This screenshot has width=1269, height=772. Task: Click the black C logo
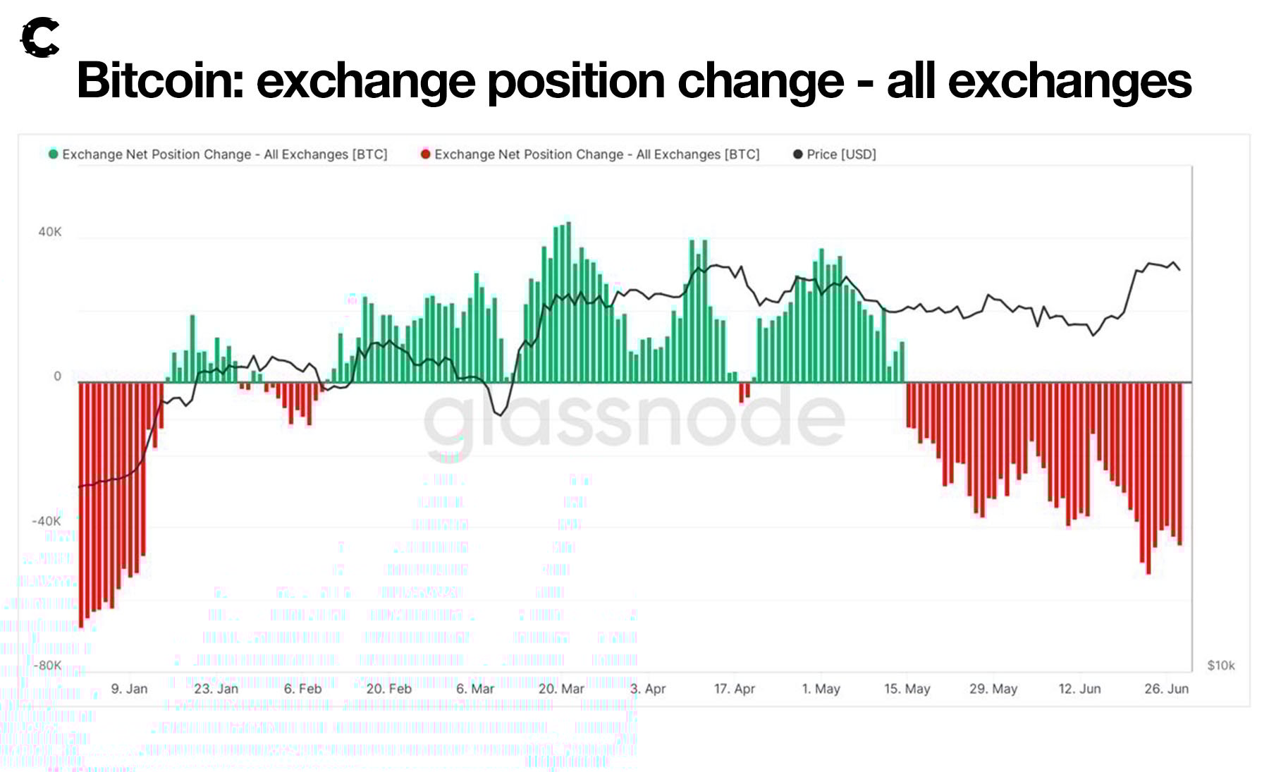click(39, 37)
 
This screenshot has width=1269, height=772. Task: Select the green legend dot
click(53, 154)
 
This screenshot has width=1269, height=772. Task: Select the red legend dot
click(425, 154)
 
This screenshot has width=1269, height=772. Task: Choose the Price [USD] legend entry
click(835, 154)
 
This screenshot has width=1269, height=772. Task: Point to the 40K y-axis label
click(50, 232)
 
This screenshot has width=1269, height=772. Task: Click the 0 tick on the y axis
click(58, 376)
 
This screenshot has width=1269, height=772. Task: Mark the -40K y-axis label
click(47, 521)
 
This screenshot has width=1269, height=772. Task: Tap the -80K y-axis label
click(47, 666)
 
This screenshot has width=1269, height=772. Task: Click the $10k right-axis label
click(1220, 666)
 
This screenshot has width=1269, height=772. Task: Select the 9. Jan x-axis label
click(129, 689)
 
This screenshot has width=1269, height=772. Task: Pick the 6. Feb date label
click(302, 689)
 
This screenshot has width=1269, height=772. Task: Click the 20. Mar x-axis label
click(561, 689)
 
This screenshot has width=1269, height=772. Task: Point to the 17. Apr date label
click(734, 689)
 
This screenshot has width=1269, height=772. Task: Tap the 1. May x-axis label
click(821, 689)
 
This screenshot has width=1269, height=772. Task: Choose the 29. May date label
click(993, 689)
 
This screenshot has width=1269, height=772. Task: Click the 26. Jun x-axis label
click(1166, 689)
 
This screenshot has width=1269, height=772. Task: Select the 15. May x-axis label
click(907, 689)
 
